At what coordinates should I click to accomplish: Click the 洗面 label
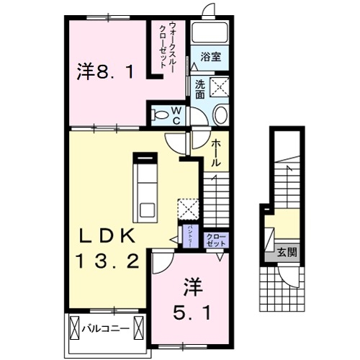tap(199, 88)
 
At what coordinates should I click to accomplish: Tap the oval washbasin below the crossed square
tap(220, 114)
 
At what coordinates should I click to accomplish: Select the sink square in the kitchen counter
tap(147, 211)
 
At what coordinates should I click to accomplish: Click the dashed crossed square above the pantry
tap(188, 208)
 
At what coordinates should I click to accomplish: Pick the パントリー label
tap(189, 235)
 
